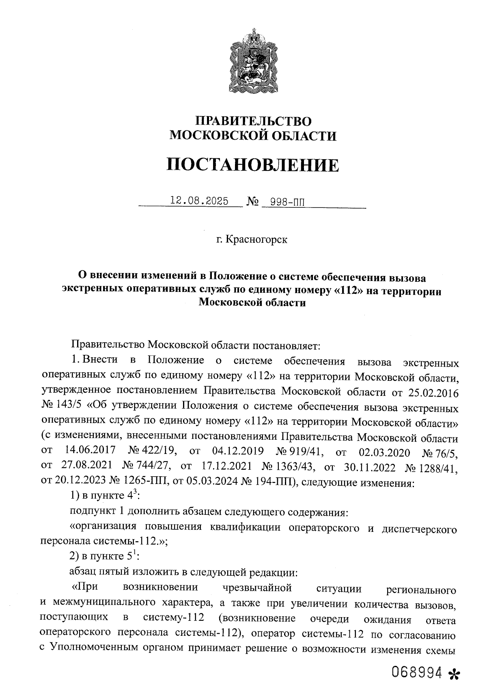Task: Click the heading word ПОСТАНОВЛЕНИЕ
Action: tap(253, 165)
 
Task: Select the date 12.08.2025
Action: tap(199, 201)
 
